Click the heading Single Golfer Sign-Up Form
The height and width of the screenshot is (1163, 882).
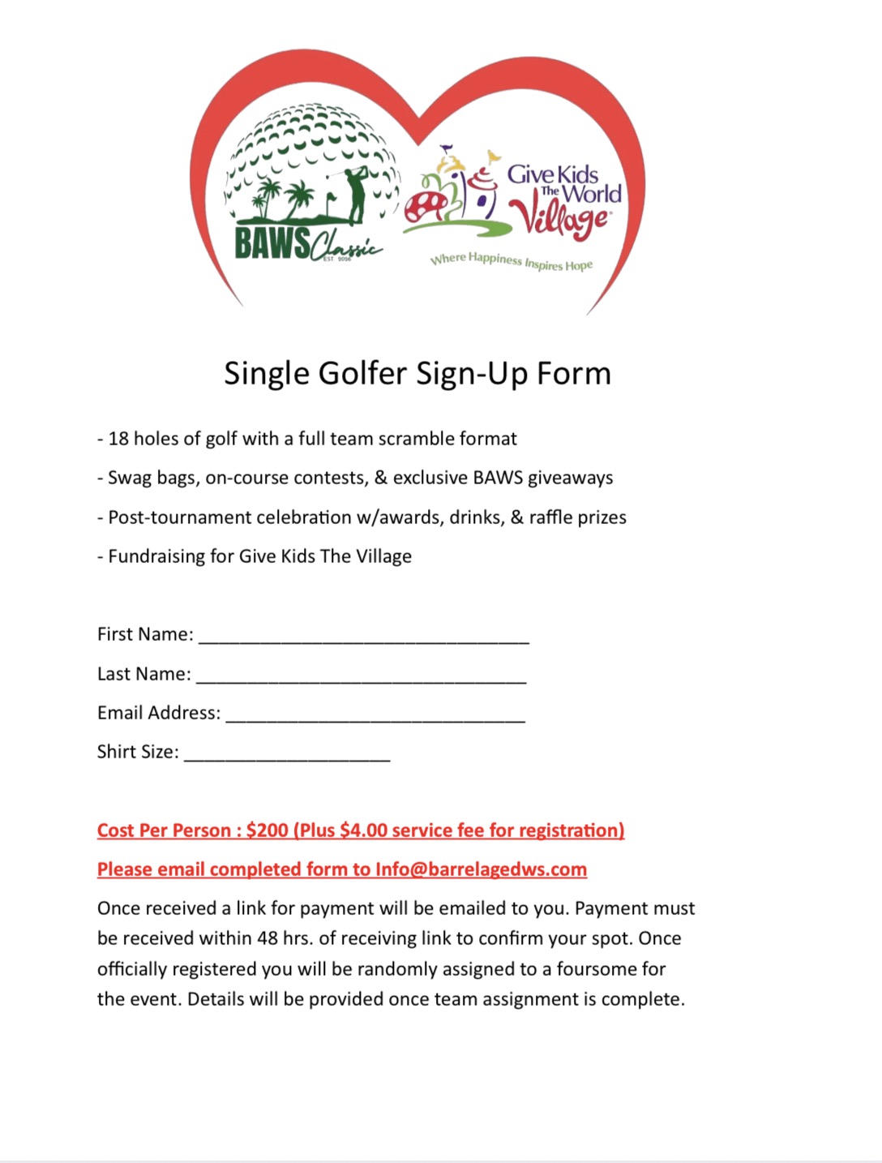pyautogui.click(x=417, y=374)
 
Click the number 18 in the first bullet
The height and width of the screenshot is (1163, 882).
pyautogui.click(x=118, y=439)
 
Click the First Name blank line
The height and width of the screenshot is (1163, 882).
pyautogui.click(x=364, y=637)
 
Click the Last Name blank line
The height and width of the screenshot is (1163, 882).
pyautogui.click(x=362, y=676)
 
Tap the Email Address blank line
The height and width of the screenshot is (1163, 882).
pyautogui.click(x=375, y=715)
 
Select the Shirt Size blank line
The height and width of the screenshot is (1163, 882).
pyautogui.click(x=287, y=754)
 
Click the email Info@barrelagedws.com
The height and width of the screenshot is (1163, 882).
pyautogui.click(x=481, y=869)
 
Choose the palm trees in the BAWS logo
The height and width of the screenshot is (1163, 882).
pyautogui.click(x=285, y=200)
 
